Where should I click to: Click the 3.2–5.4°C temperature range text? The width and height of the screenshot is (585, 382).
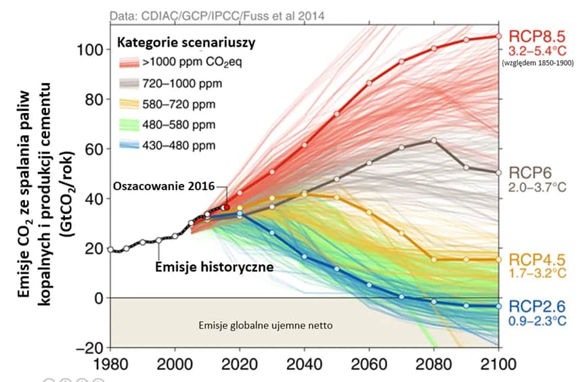click(532, 51)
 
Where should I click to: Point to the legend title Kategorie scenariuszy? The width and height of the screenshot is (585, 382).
click(186, 43)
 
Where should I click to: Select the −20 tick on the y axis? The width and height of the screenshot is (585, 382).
click(92, 348)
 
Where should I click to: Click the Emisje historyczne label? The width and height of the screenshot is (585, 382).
click(215, 266)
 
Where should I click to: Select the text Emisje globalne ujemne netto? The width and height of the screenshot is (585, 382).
click(265, 325)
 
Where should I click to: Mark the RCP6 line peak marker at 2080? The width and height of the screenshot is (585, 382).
click(434, 141)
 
